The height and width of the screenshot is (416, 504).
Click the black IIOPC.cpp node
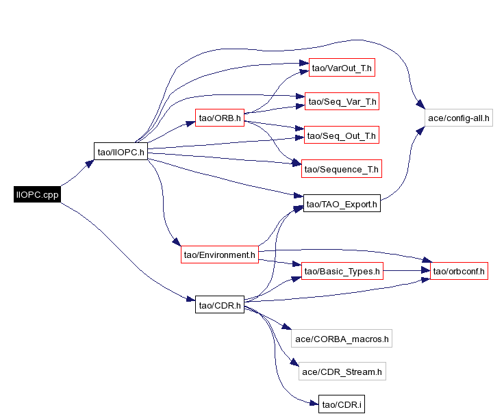[38, 194]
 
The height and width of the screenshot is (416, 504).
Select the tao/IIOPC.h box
[121, 152]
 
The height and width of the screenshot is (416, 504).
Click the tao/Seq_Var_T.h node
[341, 102]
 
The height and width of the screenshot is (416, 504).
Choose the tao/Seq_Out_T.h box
[341, 135]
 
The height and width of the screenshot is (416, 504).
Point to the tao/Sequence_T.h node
[341, 169]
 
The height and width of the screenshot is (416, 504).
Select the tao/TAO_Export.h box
[341, 204]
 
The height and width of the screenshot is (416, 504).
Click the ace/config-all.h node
[458, 118]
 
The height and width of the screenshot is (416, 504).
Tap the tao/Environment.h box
[219, 255]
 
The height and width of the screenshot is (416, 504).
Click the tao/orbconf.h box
[458, 272]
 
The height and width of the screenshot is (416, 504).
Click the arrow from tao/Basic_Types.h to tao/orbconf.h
[404, 272]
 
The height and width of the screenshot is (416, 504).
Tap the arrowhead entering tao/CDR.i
[314, 404]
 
